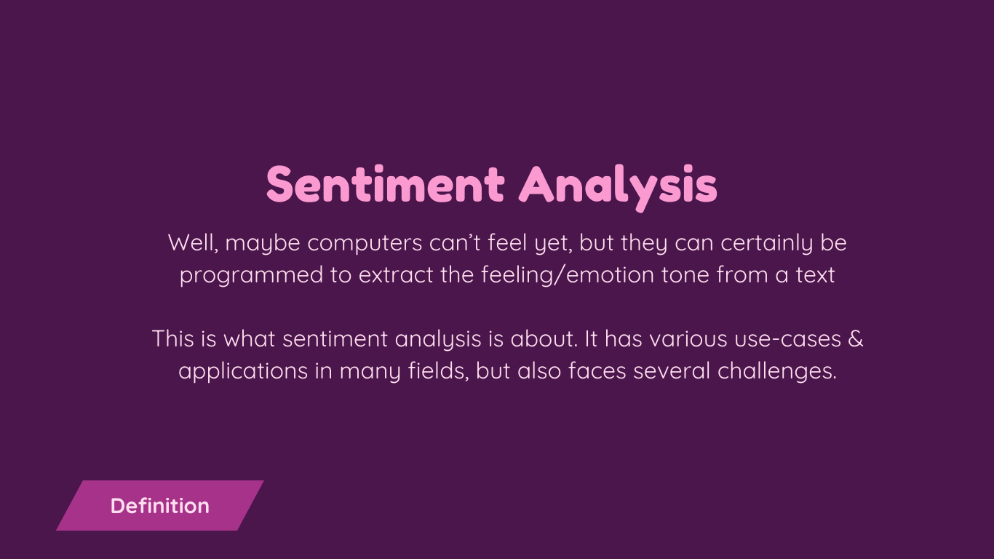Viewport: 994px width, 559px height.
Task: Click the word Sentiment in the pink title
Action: (385, 184)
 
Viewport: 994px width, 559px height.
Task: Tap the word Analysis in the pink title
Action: (618, 187)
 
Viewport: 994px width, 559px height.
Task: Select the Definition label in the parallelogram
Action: (160, 506)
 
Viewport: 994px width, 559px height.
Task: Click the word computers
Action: (365, 244)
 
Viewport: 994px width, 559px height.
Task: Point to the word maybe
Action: (263, 244)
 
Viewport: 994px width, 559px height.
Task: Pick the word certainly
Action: (766, 243)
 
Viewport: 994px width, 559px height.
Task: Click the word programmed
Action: (251, 276)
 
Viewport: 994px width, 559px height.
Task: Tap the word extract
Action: (396, 275)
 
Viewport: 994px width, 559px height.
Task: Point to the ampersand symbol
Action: (856, 338)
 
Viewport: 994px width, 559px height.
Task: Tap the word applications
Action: (243, 371)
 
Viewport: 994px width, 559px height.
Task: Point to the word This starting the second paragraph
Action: (172, 338)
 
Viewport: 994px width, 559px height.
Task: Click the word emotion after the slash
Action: (610, 275)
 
